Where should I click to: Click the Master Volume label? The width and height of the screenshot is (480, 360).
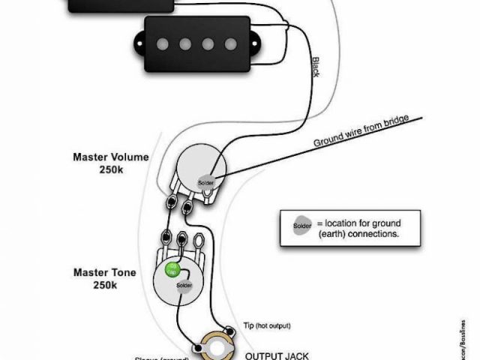pos(110,157)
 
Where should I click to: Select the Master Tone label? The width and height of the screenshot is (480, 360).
pos(104,271)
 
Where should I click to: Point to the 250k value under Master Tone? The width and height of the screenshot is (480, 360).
pos(104,285)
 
